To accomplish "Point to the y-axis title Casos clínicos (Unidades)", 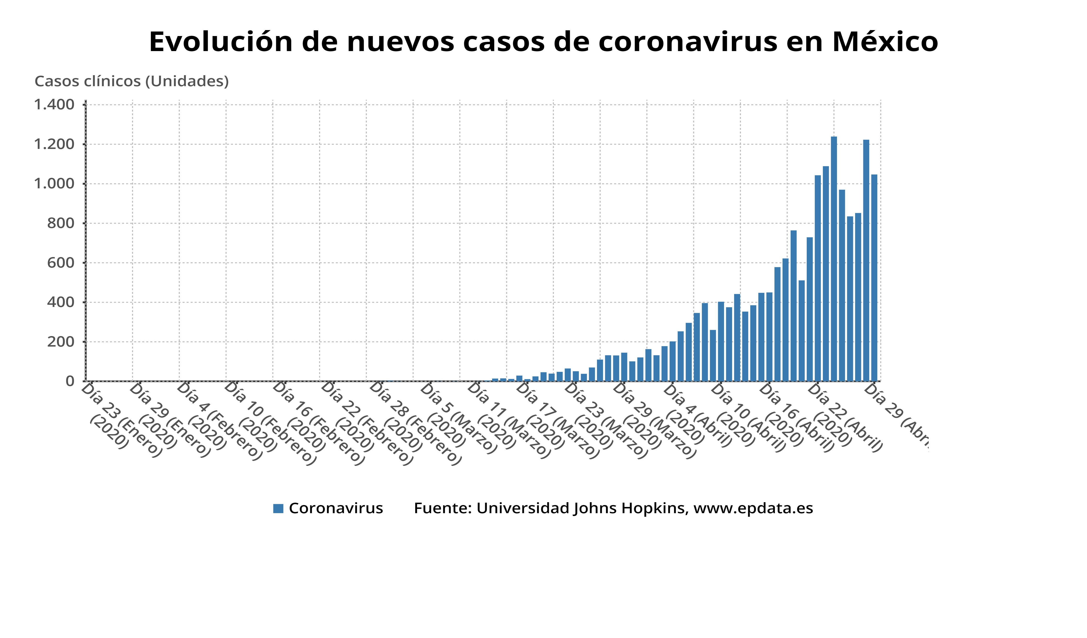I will tap(132, 81).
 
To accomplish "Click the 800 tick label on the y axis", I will tap(61, 223).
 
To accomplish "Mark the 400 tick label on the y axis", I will tap(61, 302).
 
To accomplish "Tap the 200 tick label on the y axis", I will tap(61, 342).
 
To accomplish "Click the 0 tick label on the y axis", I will tap(70, 381).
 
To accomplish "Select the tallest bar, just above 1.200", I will tap(834, 259).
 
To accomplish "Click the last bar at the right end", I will tap(874, 278).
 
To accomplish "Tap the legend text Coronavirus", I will tap(336, 508).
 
